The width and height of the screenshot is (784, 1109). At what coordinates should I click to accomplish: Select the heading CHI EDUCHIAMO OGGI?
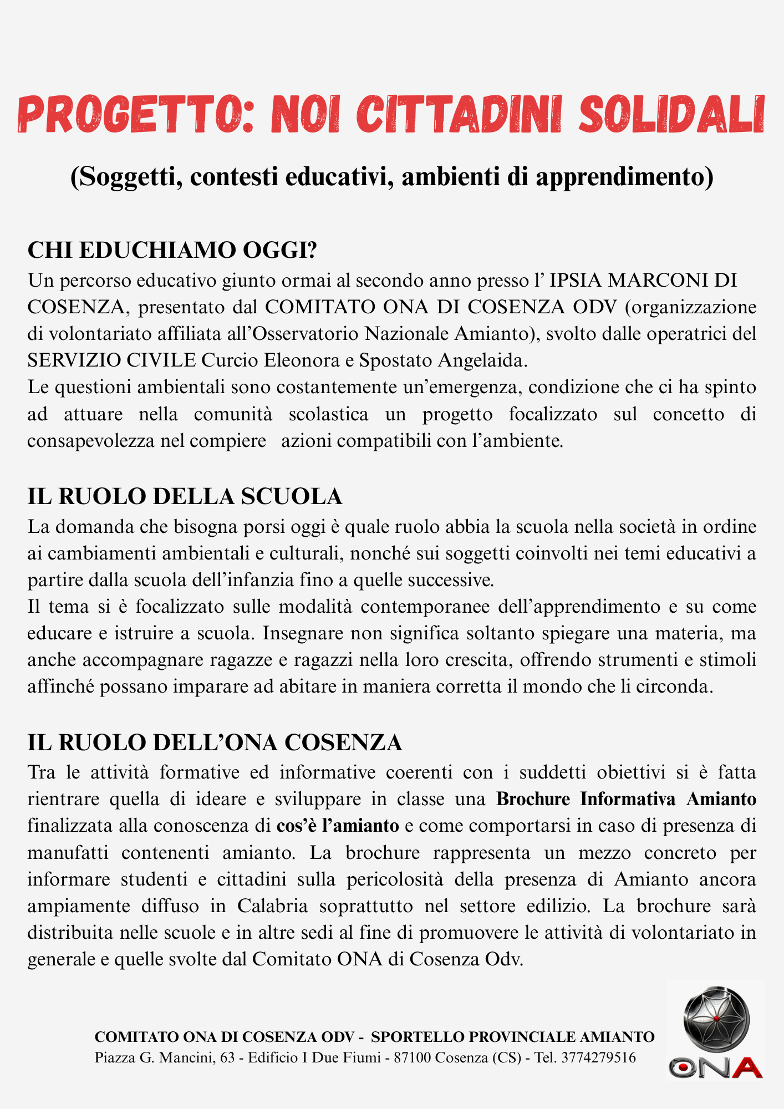[172, 250]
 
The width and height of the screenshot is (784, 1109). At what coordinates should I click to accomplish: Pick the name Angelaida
[482, 360]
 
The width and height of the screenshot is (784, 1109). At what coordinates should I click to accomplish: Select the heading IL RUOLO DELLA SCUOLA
[185, 496]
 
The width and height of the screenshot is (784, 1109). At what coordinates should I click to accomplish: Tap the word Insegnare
[304, 633]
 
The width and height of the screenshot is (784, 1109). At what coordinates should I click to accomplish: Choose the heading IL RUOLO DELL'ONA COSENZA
[215, 742]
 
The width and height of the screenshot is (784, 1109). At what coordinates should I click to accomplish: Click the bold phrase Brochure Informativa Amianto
[626, 799]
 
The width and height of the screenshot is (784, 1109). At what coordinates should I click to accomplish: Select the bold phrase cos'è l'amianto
[338, 826]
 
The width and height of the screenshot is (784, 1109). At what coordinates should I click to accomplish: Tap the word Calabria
[272, 906]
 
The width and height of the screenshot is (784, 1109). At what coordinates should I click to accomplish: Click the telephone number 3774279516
[598, 1057]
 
